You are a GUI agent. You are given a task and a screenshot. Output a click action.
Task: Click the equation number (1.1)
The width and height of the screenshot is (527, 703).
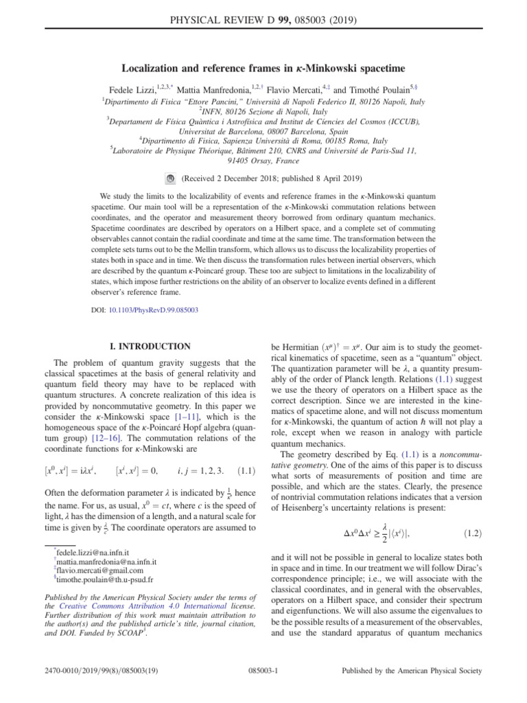(x=246, y=434)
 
